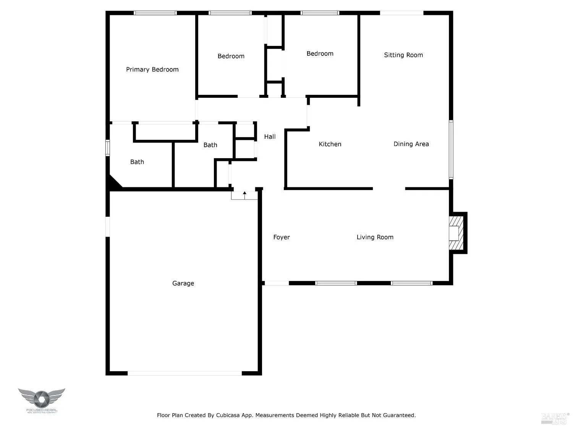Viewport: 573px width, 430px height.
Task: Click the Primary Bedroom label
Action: coord(152,69)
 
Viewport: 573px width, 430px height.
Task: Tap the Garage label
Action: coord(183,283)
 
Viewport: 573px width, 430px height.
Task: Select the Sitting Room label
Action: coord(403,55)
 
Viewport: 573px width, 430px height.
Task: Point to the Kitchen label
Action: coord(330,144)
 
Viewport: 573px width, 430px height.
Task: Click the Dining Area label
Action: coord(411,144)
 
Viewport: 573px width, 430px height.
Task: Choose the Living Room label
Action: coord(375,237)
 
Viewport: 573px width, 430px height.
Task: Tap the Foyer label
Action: coord(282,237)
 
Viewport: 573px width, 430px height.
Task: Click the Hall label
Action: coord(270,136)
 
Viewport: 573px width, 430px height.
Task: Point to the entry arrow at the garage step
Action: coord(244,195)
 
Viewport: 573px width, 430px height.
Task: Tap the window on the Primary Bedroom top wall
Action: coord(155,13)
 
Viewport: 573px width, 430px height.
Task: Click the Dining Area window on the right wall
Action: coord(451,149)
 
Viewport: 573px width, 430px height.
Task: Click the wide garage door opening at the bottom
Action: coord(185,373)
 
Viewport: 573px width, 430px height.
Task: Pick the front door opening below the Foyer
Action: coord(277,283)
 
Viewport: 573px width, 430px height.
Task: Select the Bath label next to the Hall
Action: coord(210,145)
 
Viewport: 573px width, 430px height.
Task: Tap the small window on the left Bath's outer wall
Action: coord(108,148)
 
